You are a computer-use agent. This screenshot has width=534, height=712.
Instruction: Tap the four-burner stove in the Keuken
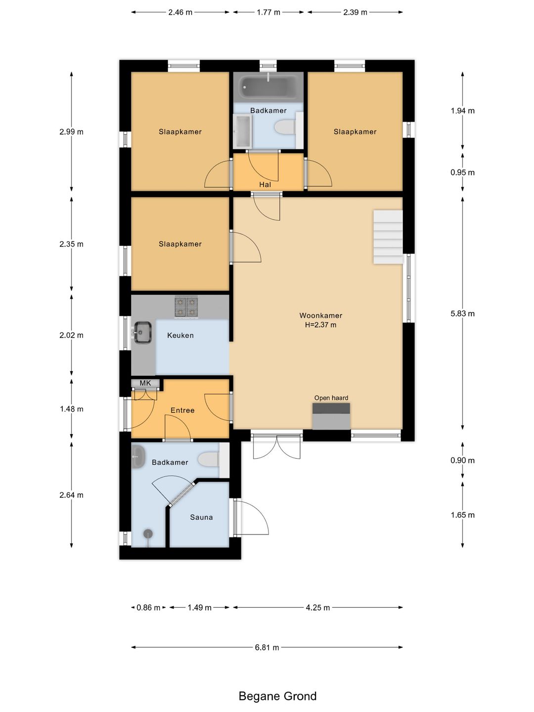click(x=186, y=307)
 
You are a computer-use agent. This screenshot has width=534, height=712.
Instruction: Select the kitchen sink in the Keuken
click(x=142, y=332)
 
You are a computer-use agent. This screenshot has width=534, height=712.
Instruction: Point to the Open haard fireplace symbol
click(x=331, y=416)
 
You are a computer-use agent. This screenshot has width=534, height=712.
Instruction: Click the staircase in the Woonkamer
click(x=388, y=237)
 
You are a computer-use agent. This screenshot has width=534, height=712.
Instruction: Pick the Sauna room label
click(x=201, y=517)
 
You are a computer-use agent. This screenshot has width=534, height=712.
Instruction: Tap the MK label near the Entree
click(x=145, y=383)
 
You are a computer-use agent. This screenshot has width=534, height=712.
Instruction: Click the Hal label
click(x=265, y=184)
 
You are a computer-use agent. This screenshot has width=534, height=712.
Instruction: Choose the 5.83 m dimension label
click(x=462, y=313)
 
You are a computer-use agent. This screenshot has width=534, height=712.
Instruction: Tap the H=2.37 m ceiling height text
click(x=321, y=325)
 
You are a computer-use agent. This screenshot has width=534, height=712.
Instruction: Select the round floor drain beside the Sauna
click(x=148, y=534)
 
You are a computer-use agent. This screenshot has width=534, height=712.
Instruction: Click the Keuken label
click(x=180, y=335)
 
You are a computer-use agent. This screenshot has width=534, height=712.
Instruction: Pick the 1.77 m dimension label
click(x=268, y=12)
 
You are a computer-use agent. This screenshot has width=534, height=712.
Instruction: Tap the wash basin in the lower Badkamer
click(x=138, y=456)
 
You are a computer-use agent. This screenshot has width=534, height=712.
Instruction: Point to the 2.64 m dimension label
click(x=71, y=495)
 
